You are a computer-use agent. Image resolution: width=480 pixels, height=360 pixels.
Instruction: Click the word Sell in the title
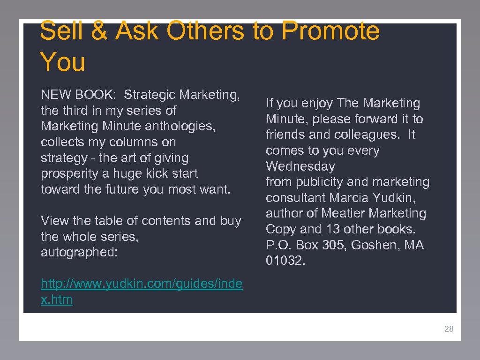click(60, 32)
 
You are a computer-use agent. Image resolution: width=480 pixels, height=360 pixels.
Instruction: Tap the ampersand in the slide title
click(99, 32)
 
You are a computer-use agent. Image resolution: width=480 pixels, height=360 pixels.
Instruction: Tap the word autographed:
click(79, 252)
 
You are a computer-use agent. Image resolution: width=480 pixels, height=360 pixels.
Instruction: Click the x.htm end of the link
click(57, 300)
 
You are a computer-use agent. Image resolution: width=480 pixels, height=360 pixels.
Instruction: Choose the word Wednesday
click(300, 166)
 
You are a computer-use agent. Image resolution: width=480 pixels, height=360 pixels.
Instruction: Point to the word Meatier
click(343, 213)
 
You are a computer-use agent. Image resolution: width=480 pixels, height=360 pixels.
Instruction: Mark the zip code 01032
click(285, 261)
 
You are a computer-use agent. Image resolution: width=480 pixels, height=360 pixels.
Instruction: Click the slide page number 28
click(449, 329)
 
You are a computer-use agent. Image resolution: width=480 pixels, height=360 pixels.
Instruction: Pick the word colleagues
click(362, 135)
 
